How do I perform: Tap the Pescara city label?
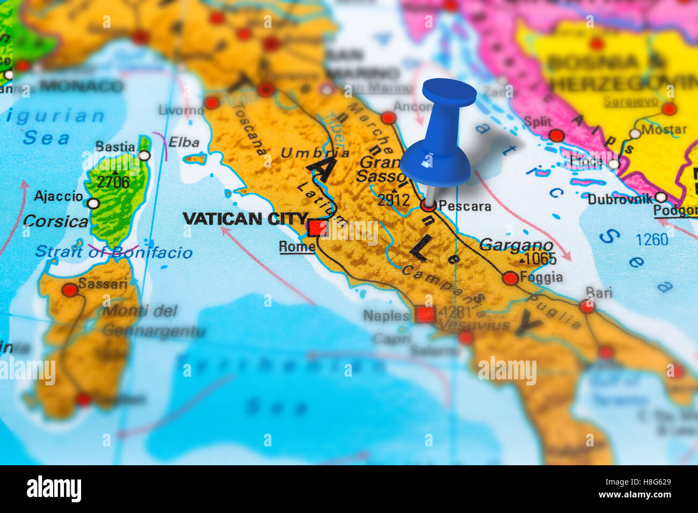click(x=464, y=206)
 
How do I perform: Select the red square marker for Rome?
click(x=317, y=228)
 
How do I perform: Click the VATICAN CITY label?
click(x=245, y=218)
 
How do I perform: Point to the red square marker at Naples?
click(x=425, y=314)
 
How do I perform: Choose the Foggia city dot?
click(x=510, y=278)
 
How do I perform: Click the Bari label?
click(x=599, y=292)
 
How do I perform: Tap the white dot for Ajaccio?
click(x=93, y=204)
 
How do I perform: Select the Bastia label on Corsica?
click(x=115, y=147)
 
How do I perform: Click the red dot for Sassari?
click(x=70, y=290)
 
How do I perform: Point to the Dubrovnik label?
click(x=620, y=199)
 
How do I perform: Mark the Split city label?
click(x=537, y=122)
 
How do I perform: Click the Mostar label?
click(x=664, y=129)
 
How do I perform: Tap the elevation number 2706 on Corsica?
click(x=113, y=182)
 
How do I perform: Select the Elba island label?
click(x=184, y=143)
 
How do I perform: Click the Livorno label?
click(x=181, y=111)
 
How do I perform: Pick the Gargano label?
click(x=516, y=245)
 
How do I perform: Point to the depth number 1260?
click(x=651, y=239)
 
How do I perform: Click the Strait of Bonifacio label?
click(x=114, y=252)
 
